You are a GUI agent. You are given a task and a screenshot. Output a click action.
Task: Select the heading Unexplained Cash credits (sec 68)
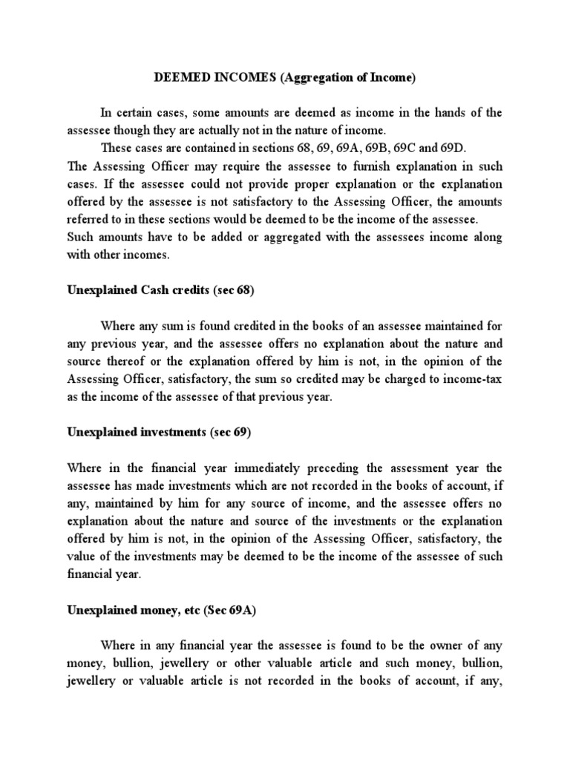[x=160, y=290]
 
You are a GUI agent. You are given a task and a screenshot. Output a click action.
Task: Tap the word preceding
[x=324, y=468]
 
